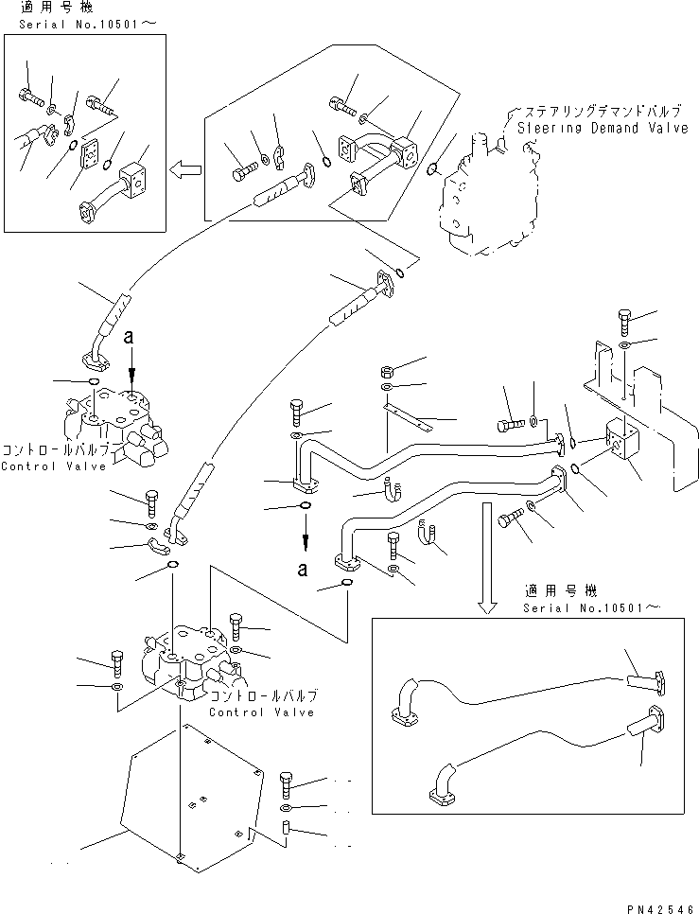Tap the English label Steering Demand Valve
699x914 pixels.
point(602,128)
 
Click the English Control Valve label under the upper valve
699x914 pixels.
point(46,466)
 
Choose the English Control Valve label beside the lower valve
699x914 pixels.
point(262,712)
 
